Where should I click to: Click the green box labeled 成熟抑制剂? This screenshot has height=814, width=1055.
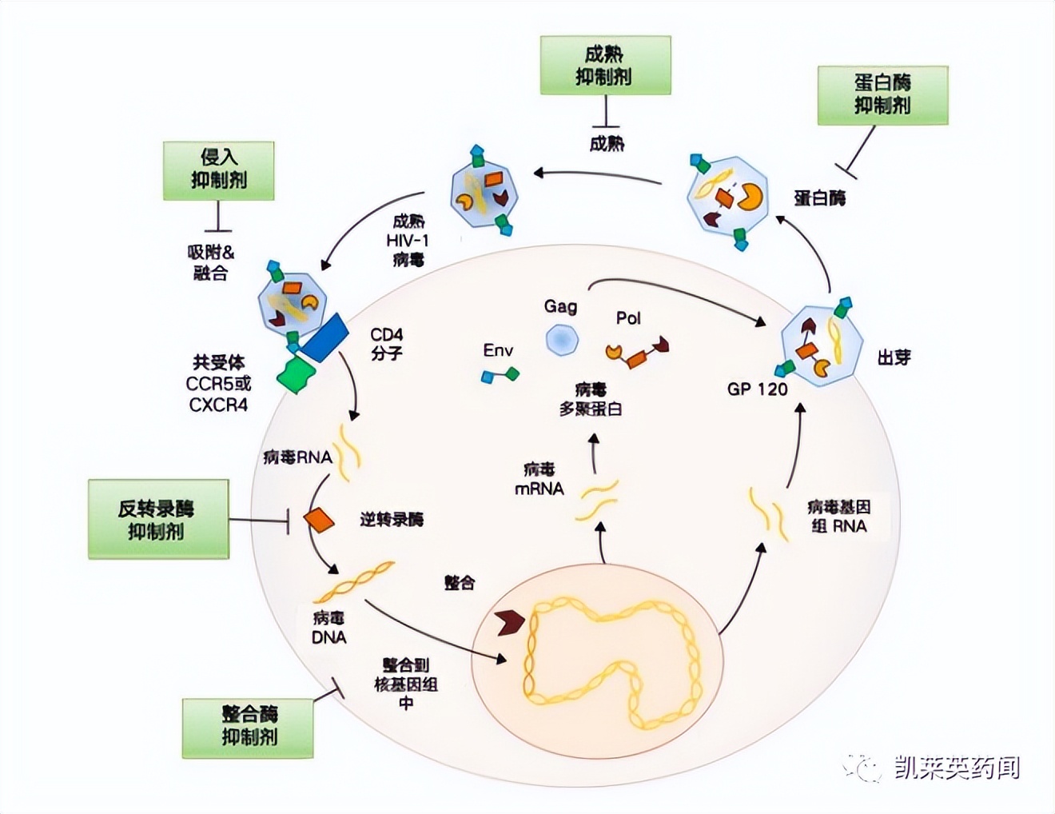tap(605, 66)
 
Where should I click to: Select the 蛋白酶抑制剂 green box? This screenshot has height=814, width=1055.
tap(882, 95)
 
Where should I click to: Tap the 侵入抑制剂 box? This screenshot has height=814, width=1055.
tap(218, 170)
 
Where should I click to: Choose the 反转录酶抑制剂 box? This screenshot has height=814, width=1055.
tap(158, 519)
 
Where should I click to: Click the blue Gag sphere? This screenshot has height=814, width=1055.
tap(562, 339)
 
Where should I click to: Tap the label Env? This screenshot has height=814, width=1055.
tap(498, 350)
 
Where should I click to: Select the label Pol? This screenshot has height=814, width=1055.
tap(628, 318)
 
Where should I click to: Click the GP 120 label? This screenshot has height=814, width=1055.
tap(757, 389)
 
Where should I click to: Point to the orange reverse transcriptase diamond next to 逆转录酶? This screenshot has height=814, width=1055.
tap(319, 520)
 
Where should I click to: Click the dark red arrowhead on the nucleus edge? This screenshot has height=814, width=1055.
tap(509, 621)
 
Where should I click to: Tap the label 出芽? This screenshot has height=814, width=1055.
tap(894, 357)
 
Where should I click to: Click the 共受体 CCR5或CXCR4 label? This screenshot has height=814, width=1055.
tap(218, 384)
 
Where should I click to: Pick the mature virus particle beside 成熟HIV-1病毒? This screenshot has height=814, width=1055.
tap(484, 194)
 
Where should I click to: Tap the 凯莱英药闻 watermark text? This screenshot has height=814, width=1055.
tap(956, 768)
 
